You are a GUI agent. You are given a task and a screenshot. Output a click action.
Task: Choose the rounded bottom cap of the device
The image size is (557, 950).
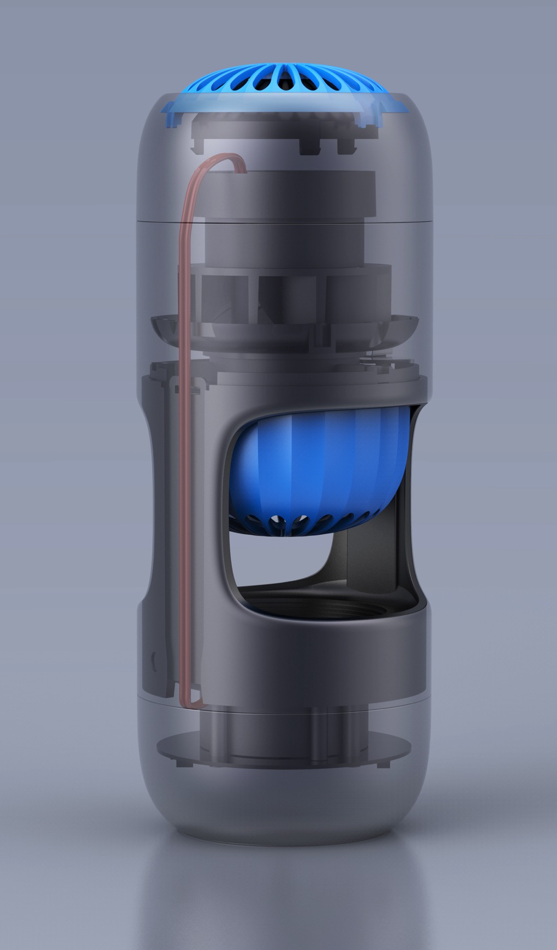[x=284, y=808]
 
